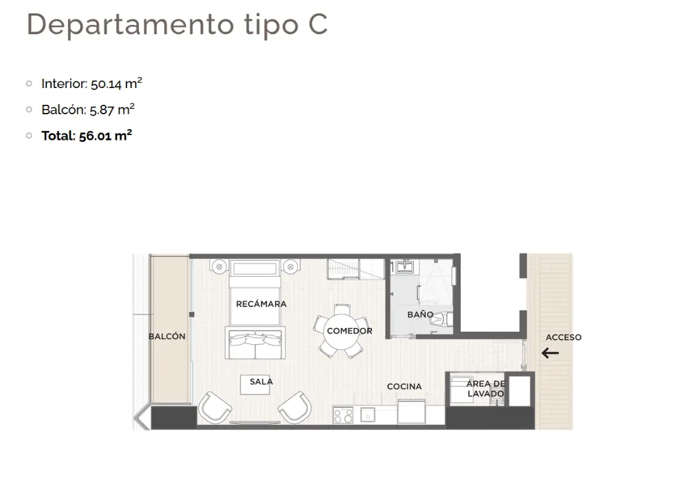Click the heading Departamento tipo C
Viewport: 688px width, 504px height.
click(177, 25)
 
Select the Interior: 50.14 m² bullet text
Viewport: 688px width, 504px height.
click(91, 83)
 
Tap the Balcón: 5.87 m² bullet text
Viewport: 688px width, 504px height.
click(88, 110)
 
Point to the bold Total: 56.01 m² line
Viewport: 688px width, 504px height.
click(87, 135)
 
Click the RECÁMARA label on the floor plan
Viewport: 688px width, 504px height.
click(261, 304)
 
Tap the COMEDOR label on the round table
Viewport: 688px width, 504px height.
click(349, 331)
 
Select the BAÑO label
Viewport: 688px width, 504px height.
click(420, 314)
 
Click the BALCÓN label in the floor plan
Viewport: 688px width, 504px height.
click(167, 336)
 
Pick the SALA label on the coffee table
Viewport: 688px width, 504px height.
click(261, 382)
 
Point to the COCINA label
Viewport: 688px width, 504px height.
click(404, 386)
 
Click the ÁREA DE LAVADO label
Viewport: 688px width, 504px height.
click(485, 388)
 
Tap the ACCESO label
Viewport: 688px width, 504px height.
click(564, 337)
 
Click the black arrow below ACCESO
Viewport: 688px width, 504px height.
click(550, 353)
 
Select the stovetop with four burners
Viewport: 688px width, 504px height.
click(343, 415)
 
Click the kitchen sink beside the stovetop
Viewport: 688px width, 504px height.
click(368, 415)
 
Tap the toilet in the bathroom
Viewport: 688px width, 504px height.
click(441, 319)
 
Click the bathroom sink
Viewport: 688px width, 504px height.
click(404, 267)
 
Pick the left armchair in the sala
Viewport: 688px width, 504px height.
click(214, 408)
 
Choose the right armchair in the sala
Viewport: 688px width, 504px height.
click(295, 408)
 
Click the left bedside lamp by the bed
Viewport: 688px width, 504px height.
click(219, 267)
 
